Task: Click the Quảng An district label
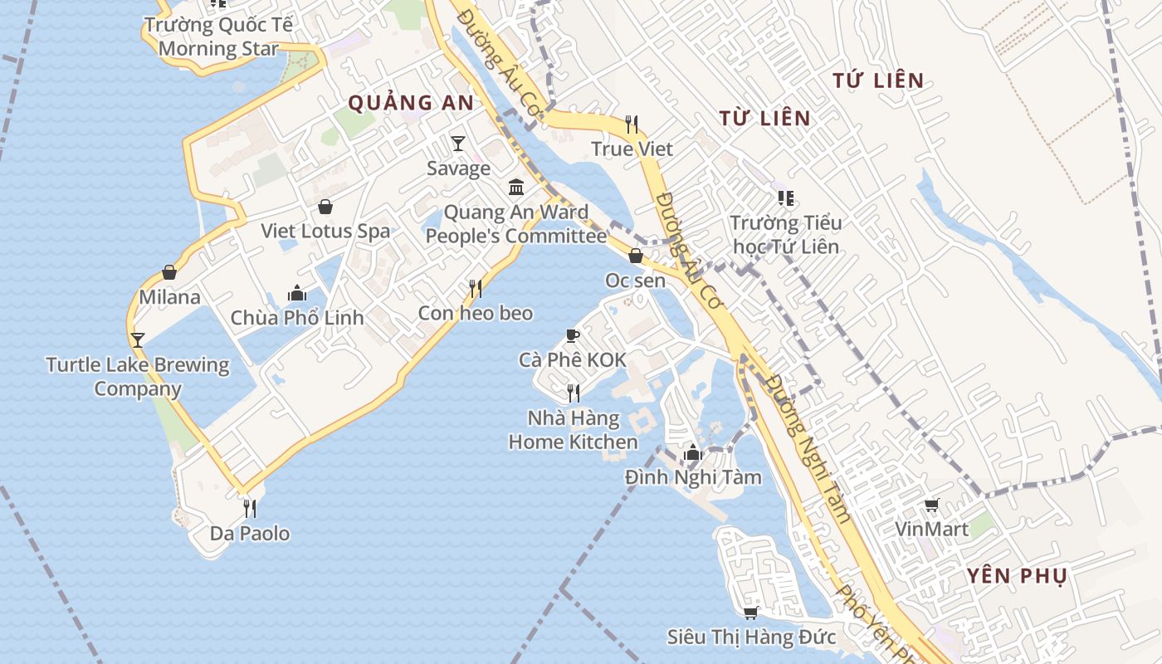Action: point(410,103)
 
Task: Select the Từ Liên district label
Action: point(764,118)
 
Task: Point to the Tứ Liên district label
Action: point(878,81)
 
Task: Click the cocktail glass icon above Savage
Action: point(457,144)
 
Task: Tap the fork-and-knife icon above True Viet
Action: point(632,124)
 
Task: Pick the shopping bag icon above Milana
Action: point(169,272)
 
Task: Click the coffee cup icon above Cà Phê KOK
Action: point(572,335)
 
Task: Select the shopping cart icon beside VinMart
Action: point(932,505)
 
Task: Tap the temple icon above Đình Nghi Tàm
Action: point(692,452)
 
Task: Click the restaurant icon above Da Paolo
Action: point(249,508)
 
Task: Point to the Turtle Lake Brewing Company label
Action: point(138,377)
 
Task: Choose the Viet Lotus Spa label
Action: point(325,231)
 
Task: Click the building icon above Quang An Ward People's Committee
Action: point(516,187)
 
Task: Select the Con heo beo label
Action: point(475,313)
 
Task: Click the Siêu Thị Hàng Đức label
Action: point(751,637)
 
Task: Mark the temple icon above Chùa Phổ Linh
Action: point(296,293)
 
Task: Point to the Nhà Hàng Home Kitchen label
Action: point(573,430)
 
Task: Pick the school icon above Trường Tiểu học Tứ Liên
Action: point(785,198)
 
